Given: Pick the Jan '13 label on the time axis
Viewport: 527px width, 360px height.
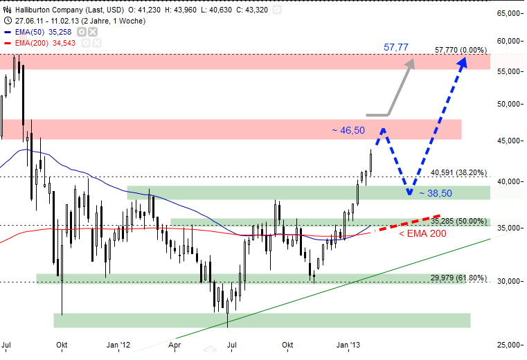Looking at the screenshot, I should [x=348, y=344].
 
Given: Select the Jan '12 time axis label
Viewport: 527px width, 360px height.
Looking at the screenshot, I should [x=118, y=344].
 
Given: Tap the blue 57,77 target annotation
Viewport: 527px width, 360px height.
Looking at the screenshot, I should [x=396, y=48].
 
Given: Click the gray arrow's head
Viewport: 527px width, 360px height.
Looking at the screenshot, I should [x=411, y=62].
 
